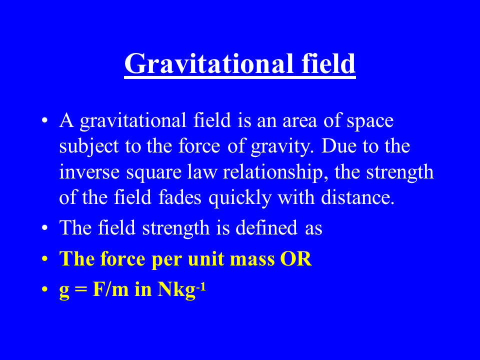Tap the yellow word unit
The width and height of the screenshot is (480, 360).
[x=198, y=259]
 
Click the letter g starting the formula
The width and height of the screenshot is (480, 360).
[x=64, y=291]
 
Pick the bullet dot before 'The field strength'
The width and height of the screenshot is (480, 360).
[x=45, y=228]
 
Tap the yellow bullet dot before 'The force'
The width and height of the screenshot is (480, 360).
[x=45, y=260]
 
